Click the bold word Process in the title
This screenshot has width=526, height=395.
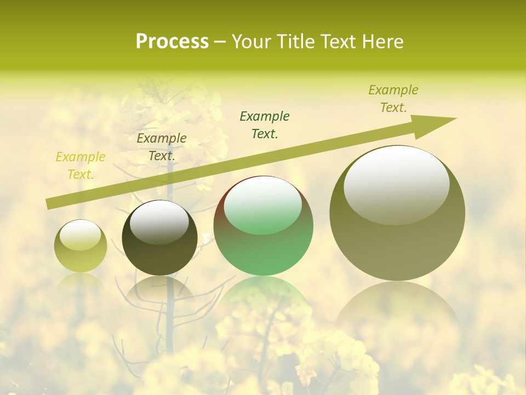[x=172, y=41]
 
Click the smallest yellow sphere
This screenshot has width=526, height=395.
[x=81, y=246]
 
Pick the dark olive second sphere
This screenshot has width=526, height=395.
[x=159, y=241]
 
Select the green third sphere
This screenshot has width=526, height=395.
[x=264, y=230]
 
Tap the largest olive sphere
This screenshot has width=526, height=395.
[x=397, y=219]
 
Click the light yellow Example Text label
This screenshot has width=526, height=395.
[x=81, y=166]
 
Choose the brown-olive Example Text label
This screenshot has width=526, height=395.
[x=162, y=147]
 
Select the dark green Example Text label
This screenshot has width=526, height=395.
[x=265, y=125]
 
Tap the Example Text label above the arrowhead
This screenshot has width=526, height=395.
[x=393, y=99]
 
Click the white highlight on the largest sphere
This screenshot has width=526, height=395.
[x=397, y=184]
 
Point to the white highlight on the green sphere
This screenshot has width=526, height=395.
[x=263, y=205]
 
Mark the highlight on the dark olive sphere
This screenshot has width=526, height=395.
[x=159, y=222]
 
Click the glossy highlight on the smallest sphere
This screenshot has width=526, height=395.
[x=81, y=235]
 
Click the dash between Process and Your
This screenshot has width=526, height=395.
[x=220, y=42]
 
